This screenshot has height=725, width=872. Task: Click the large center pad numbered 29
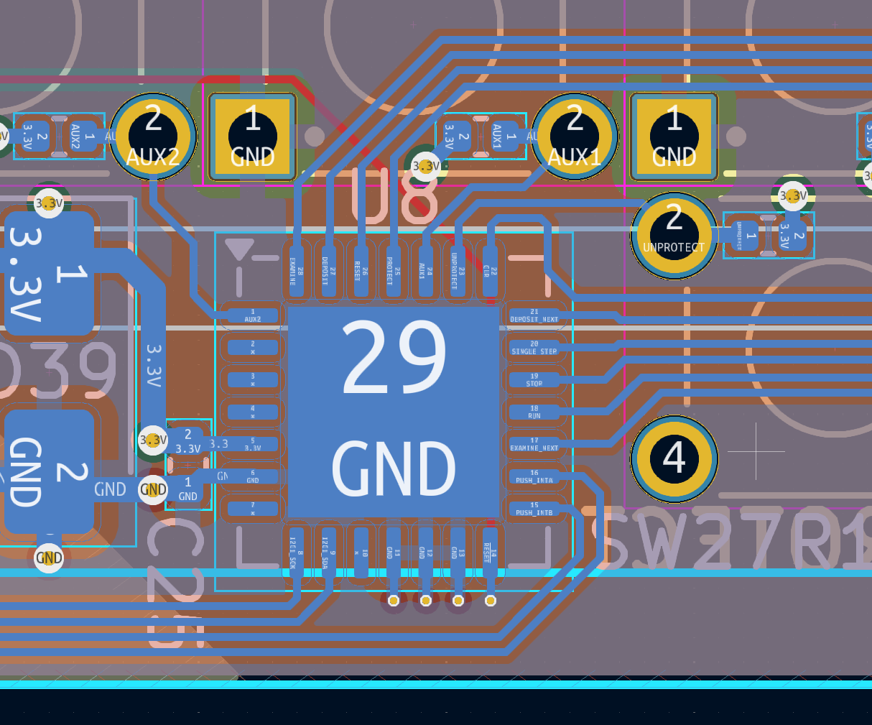point(394,412)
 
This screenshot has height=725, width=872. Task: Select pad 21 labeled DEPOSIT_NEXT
point(534,316)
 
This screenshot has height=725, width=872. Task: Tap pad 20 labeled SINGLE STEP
point(534,348)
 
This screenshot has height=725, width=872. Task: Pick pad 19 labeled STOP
point(534,380)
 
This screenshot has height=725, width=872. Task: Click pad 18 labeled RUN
point(534,412)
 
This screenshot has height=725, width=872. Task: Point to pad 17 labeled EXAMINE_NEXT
point(534,445)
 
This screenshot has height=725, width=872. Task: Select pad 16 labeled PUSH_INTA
point(534,477)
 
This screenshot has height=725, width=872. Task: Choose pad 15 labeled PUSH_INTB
point(534,509)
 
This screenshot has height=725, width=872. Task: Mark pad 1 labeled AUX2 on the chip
point(252,316)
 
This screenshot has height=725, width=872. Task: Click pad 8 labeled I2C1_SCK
point(297,553)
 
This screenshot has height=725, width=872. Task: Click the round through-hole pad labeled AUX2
point(153,137)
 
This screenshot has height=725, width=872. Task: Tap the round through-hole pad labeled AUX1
point(575,137)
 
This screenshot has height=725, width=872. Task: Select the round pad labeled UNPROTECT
point(674,235)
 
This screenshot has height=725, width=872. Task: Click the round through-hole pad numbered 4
point(674,458)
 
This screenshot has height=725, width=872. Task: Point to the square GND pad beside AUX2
point(253,137)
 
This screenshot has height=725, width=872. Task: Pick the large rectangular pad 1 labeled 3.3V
point(49,273)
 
